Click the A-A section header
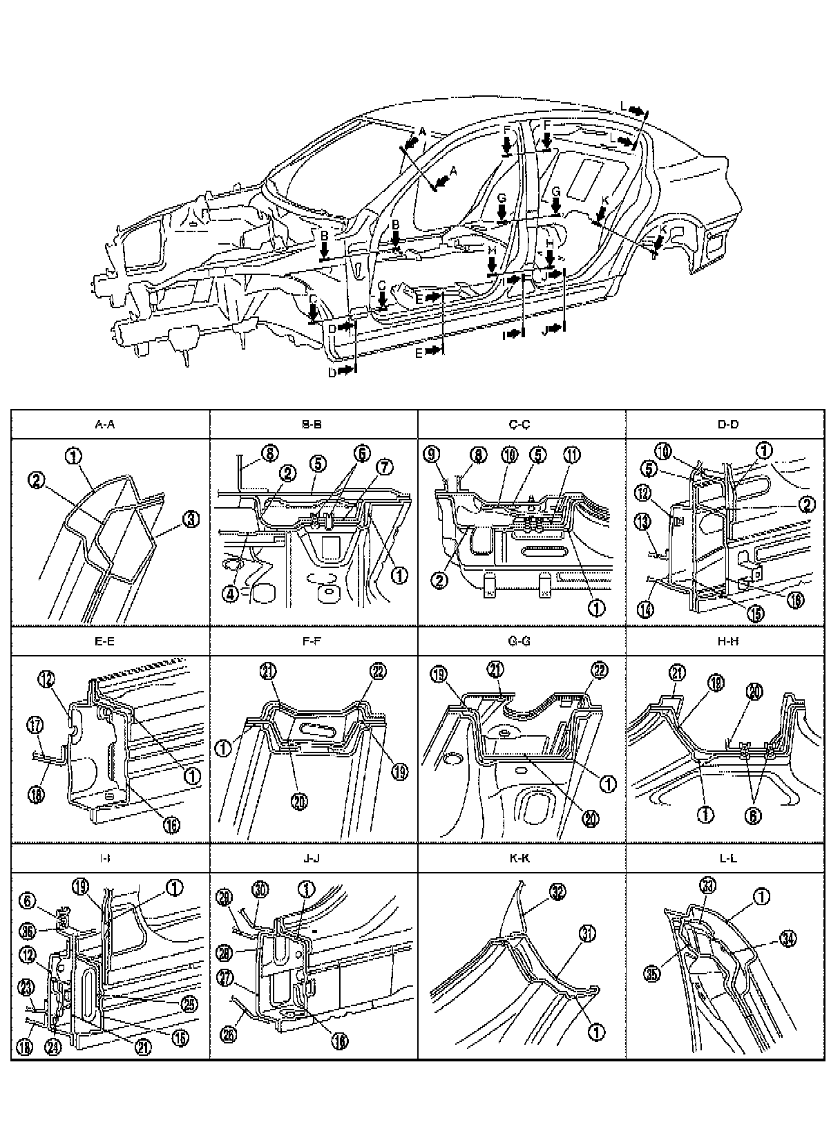click(x=104, y=425)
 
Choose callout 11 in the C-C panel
click(x=572, y=455)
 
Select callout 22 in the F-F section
click(x=378, y=672)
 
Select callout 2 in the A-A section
click(x=37, y=477)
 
